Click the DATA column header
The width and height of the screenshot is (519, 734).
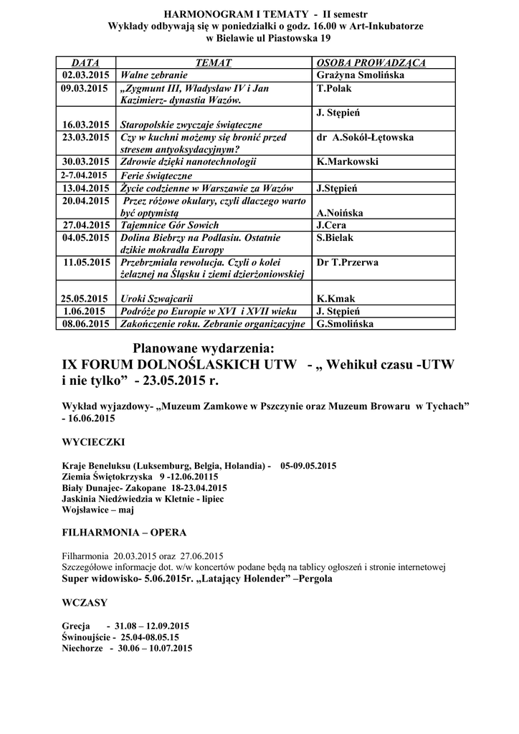86,63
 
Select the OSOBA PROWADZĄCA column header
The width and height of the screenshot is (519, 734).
371,63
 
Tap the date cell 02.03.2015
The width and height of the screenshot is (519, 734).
86,75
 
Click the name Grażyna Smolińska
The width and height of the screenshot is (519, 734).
360,75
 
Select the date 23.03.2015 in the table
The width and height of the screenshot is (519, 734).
86,137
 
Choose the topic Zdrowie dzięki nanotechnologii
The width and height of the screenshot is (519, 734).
189,162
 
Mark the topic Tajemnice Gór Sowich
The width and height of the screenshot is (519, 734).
170,225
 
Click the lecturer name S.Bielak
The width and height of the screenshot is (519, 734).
335,237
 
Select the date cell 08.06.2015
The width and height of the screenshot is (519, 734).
86,323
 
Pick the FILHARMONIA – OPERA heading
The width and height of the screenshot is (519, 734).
125,533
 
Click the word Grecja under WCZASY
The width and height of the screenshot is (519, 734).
76,624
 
